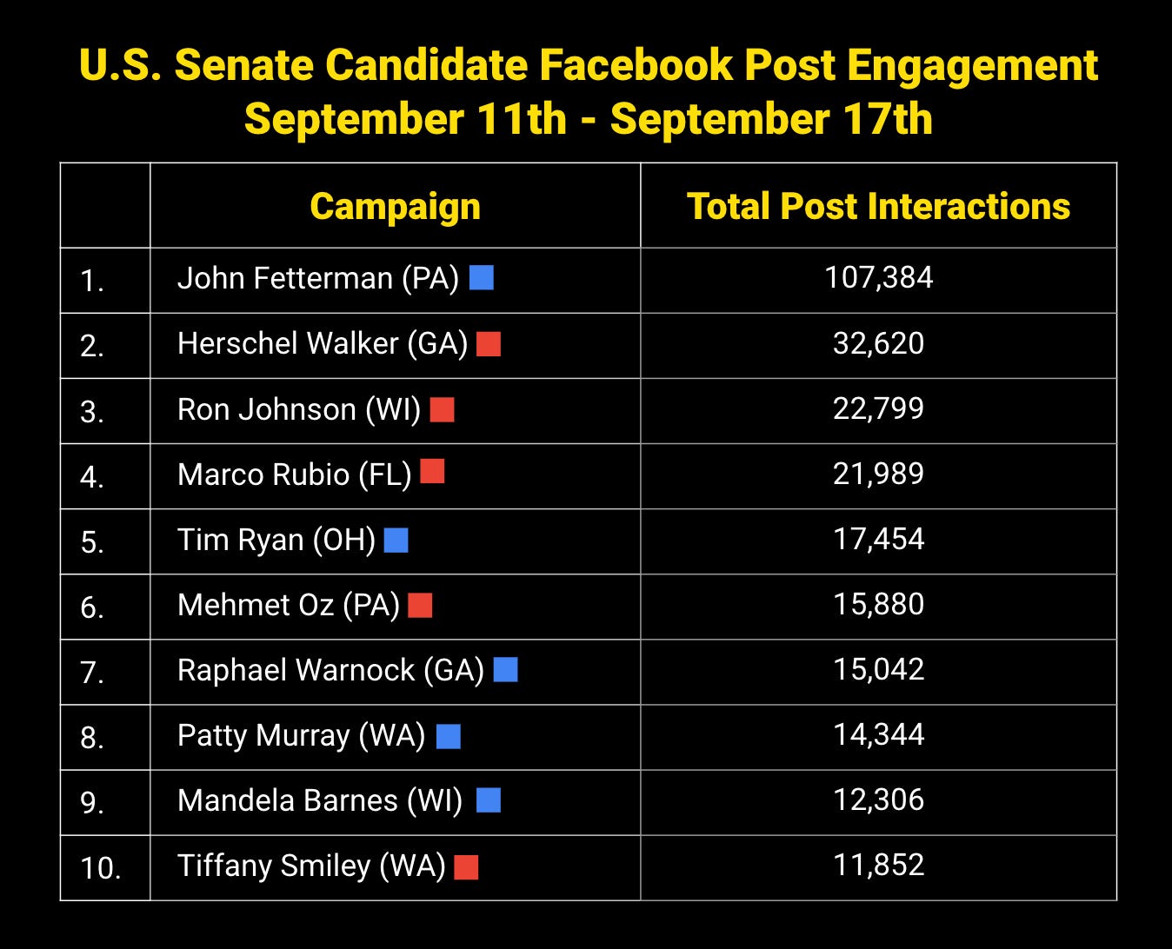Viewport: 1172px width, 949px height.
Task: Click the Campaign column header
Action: coord(395,207)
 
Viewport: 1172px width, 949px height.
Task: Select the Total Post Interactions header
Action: coord(878,207)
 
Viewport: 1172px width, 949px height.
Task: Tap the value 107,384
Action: coord(878,278)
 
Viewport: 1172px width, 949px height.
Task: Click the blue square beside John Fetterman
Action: coord(482,277)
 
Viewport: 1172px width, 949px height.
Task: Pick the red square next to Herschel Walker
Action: coord(489,344)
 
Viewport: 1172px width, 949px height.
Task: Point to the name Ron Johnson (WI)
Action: coord(298,409)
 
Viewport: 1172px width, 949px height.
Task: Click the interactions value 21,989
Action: coord(878,474)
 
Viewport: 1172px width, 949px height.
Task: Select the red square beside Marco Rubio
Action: coord(432,472)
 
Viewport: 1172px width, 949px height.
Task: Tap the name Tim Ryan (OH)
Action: coord(276,540)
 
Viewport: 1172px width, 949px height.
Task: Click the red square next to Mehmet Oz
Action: coord(420,605)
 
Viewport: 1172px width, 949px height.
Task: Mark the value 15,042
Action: coord(878,669)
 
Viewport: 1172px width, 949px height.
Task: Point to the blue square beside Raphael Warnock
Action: coord(505,669)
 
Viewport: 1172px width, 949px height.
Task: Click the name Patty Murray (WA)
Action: coord(301,736)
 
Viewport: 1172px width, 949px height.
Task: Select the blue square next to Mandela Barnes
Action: coord(489,800)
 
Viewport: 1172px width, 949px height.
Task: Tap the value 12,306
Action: coord(878,800)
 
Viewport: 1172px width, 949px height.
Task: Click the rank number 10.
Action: coord(100,868)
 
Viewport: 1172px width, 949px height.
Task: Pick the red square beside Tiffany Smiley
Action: coord(466,867)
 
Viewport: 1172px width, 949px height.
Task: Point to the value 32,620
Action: coord(878,343)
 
